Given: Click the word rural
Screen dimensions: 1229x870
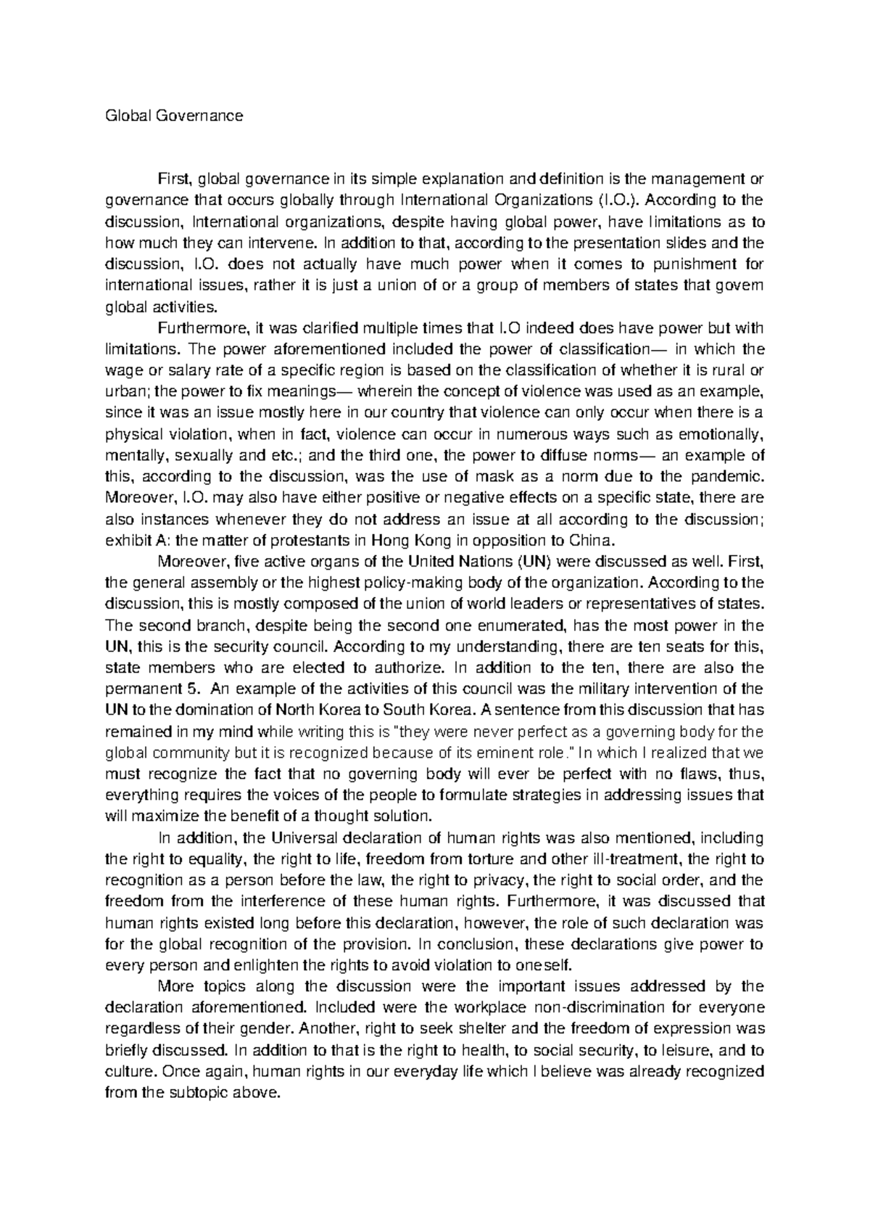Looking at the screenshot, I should point(731,371).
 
